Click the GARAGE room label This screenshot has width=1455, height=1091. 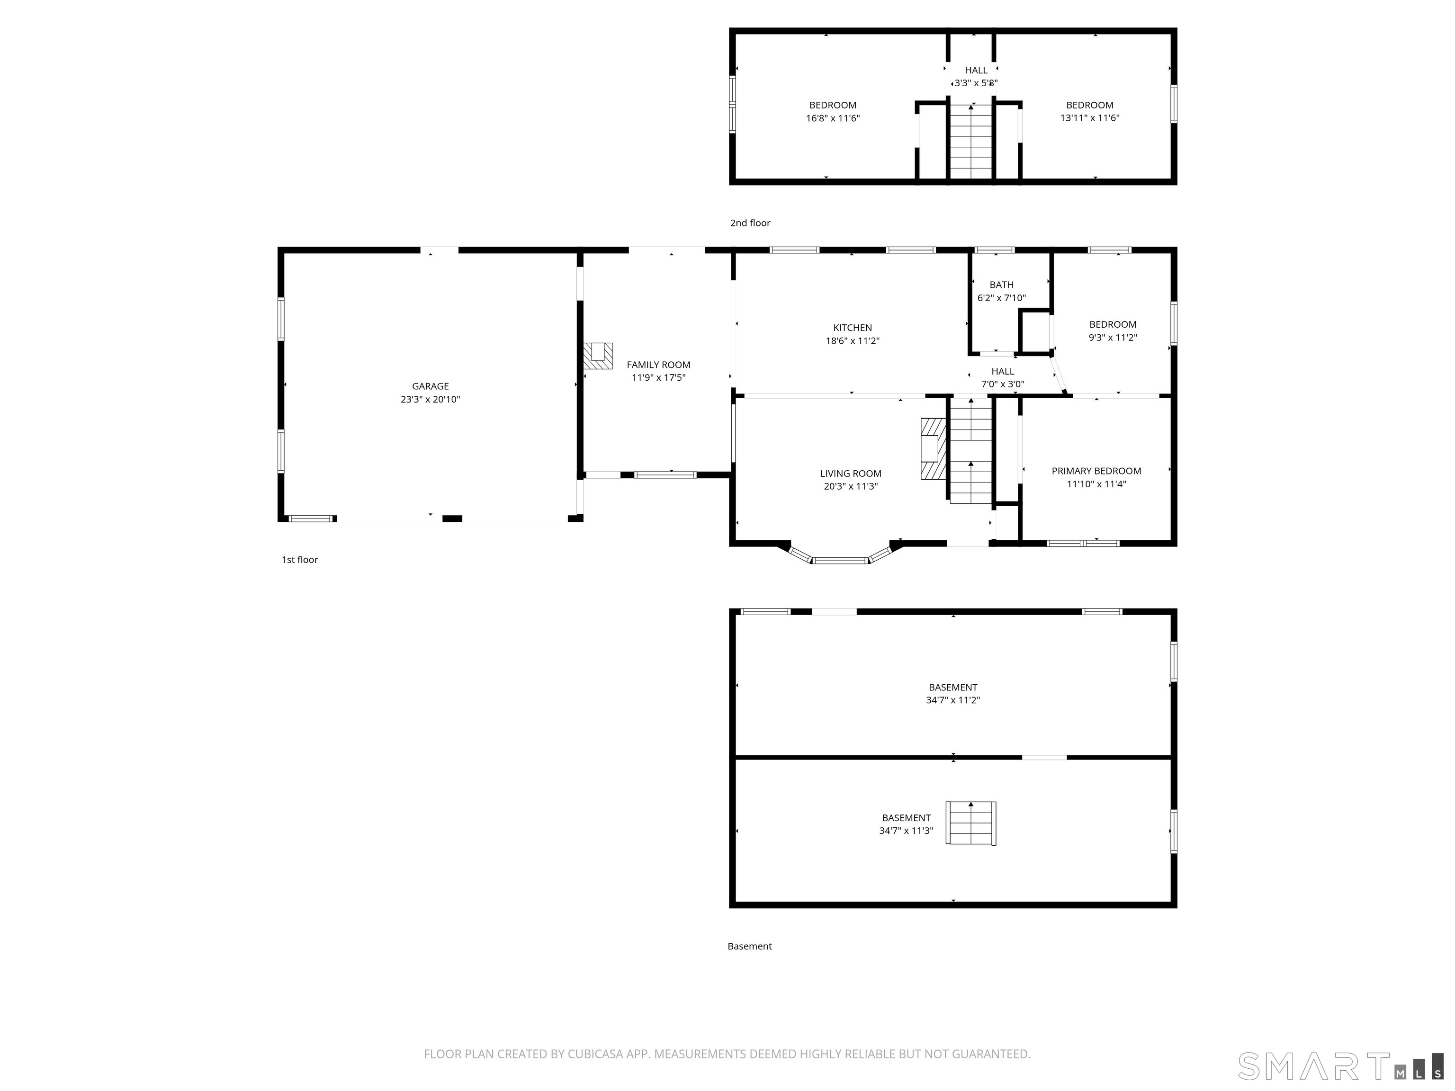(430, 386)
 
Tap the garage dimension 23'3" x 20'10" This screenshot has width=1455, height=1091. (430, 399)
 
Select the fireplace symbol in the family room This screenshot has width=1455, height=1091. (598, 355)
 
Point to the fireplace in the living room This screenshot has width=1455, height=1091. (934, 448)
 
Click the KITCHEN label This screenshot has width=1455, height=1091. (853, 328)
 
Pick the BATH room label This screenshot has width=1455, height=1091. (1001, 285)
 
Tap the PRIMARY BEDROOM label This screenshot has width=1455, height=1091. (1096, 471)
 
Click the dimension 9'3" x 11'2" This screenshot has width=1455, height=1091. (1112, 337)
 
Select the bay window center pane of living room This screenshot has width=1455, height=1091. (841, 560)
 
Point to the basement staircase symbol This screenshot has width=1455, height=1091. (971, 823)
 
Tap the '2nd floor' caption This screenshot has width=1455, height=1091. (750, 223)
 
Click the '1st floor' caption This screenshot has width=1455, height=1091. (300, 560)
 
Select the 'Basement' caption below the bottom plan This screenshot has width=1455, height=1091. (749, 946)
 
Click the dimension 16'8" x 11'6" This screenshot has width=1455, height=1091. (833, 118)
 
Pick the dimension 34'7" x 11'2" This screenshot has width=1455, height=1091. (952, 700)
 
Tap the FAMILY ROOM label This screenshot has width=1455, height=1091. (658, 365)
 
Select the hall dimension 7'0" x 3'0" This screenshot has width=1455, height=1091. (1003, 384)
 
